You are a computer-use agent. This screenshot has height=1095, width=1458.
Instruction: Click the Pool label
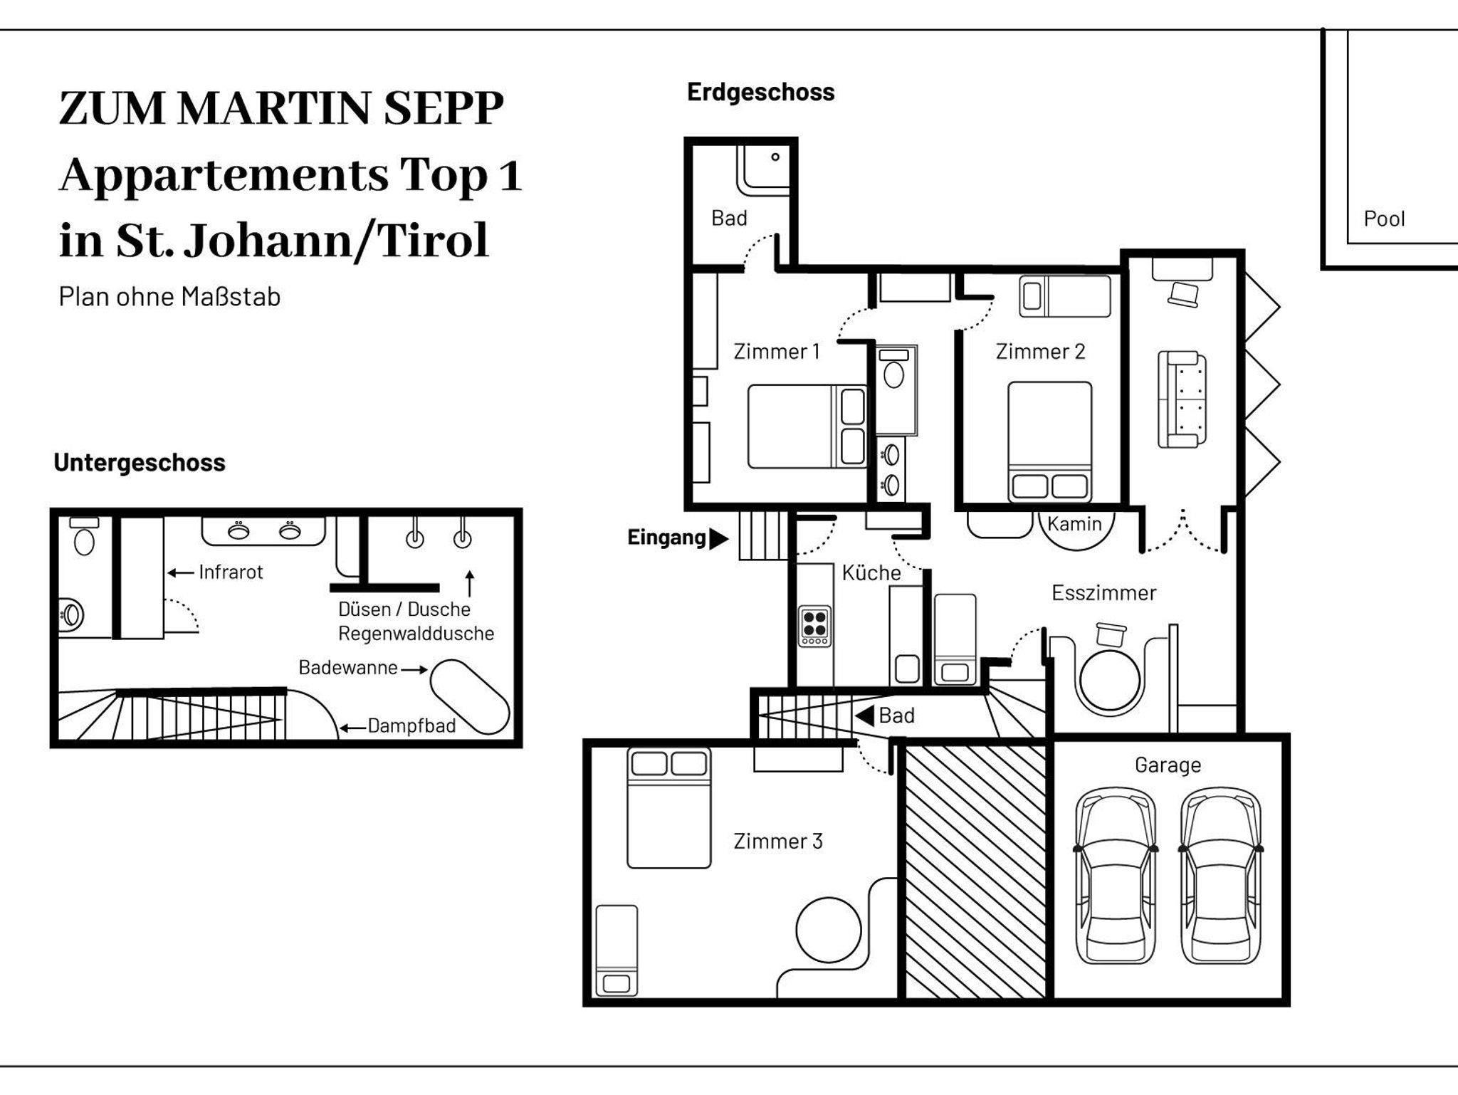coord(1384,219)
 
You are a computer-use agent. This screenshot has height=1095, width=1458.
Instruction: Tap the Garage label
coord(1168,765)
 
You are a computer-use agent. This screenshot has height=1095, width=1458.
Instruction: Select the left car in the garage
coord(1115,876)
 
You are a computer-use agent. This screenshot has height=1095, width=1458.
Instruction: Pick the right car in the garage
coord(1221,876)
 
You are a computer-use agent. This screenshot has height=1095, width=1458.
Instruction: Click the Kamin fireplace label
coord(1074,524)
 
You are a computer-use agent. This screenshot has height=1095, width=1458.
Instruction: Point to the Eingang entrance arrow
coord(720,538)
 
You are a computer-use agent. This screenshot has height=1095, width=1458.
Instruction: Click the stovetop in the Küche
coord(814,626)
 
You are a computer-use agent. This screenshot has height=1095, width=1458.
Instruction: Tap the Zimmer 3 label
coord(778,841)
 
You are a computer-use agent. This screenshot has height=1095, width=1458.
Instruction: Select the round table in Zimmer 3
coord(828,930)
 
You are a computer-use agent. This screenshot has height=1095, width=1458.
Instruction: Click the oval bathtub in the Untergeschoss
coord(470,697)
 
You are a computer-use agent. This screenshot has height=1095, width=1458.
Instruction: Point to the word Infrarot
coord(231,572)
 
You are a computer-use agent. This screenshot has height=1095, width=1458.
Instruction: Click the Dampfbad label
coord(411,726)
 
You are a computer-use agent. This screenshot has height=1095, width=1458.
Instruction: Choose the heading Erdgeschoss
coord(760,92)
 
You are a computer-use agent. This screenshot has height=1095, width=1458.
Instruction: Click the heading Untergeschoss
coord(140,463)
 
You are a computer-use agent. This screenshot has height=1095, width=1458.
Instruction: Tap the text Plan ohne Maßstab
coord(169,296)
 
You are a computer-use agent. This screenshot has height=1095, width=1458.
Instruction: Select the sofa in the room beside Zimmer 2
coord(1182,399)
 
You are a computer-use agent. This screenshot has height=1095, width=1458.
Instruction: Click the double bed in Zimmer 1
coord(807,426)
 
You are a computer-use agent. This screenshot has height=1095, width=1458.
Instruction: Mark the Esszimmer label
coord(1103,592)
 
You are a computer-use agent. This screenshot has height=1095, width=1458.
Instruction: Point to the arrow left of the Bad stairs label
coord(864,716)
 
